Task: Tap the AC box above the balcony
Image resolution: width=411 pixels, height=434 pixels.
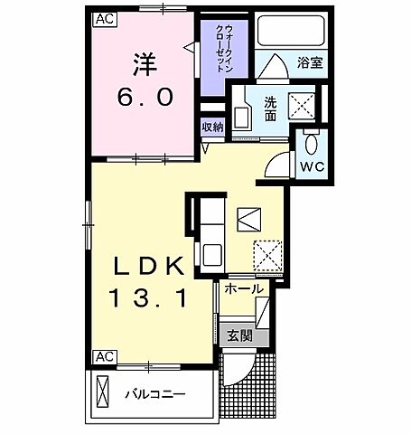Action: click(x=103, y=356)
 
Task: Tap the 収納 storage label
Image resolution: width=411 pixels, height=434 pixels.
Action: click(x=212, y=127)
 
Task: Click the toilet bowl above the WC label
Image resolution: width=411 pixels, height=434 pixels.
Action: click(x=312, y=144)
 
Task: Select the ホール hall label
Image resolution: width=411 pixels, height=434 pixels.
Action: click(x=244, y=288)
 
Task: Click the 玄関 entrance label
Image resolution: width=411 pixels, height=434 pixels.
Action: click(x=239, y=336)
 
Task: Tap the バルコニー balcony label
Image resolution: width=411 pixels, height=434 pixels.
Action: click(x=154, y=394)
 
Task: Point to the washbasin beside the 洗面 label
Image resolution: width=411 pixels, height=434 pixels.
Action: click(x=242, y=116)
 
